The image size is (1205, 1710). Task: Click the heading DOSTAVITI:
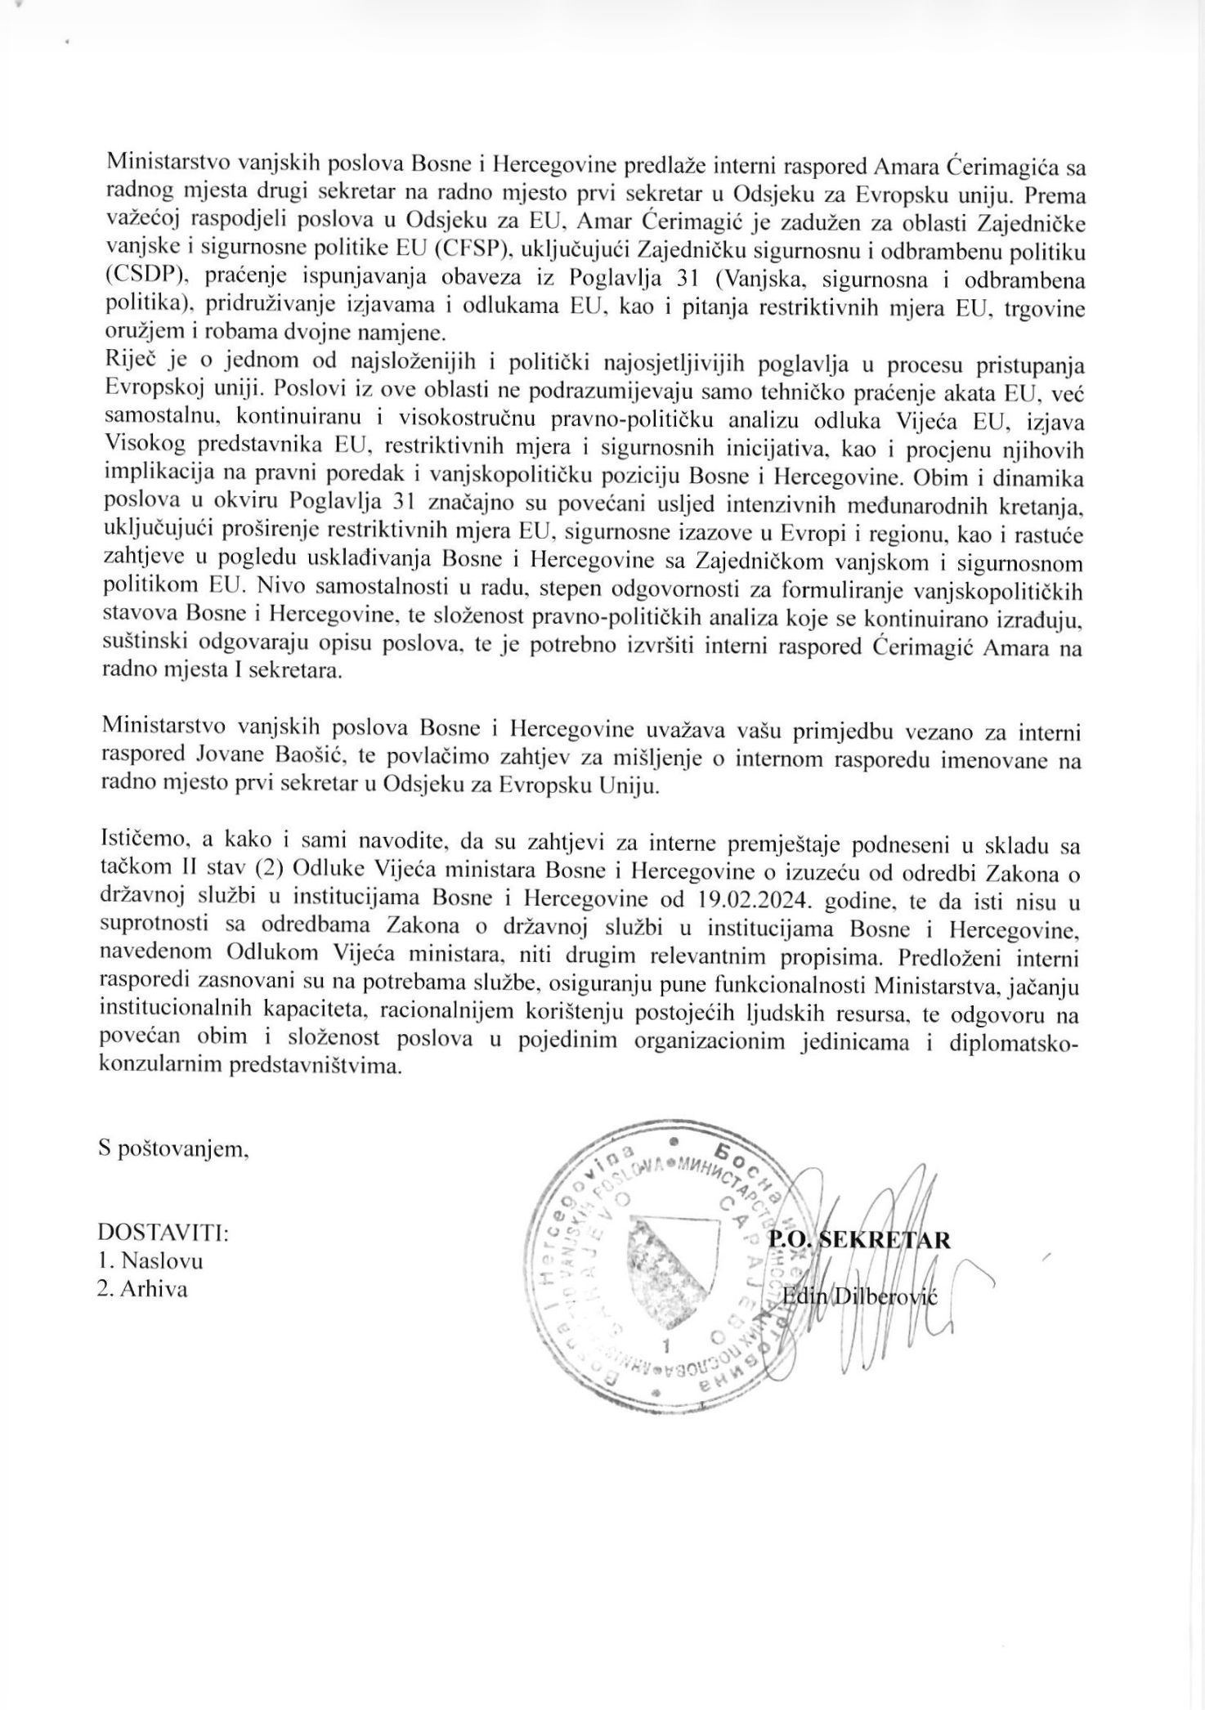[164, 1231]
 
